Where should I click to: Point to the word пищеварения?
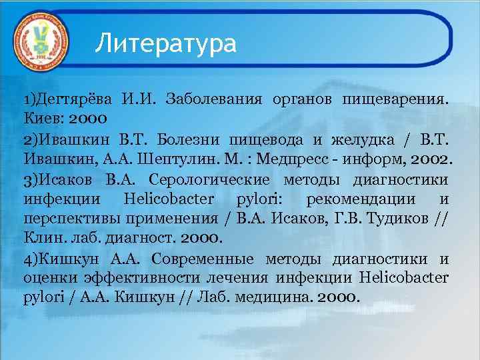[x=395, y=101]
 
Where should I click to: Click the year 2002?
[x=433, y=160]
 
